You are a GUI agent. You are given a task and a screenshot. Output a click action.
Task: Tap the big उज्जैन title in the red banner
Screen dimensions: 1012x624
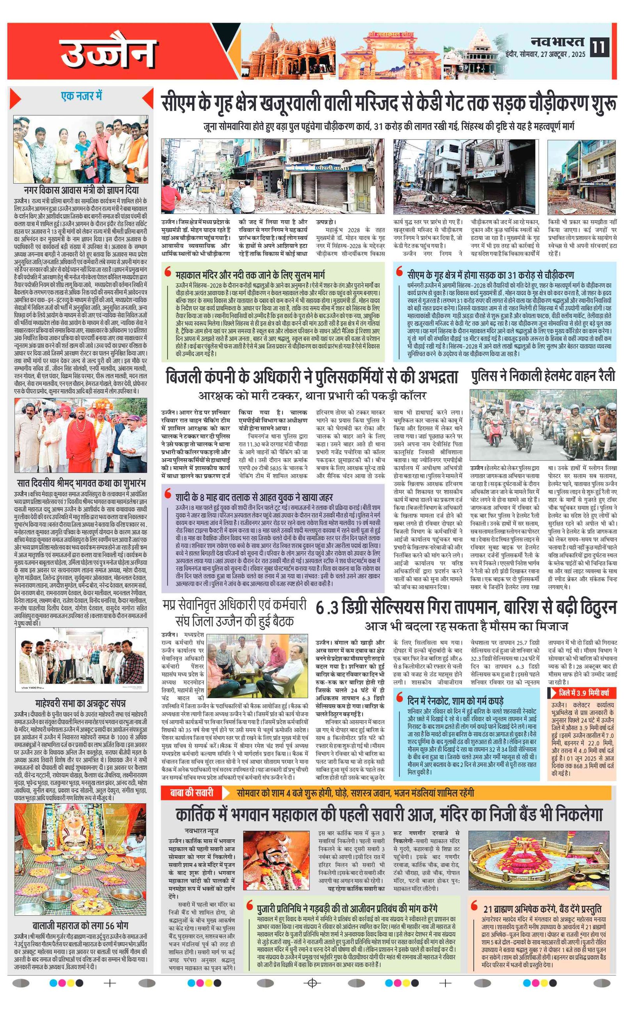pyautogui.click(x=108, y=53)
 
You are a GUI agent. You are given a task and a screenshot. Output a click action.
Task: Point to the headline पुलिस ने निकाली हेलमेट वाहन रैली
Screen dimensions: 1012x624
pyautogui.click(x=543, y=376)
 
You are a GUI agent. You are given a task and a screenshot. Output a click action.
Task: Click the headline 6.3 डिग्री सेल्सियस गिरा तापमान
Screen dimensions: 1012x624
pyautogui.click(x=466, y=608)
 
